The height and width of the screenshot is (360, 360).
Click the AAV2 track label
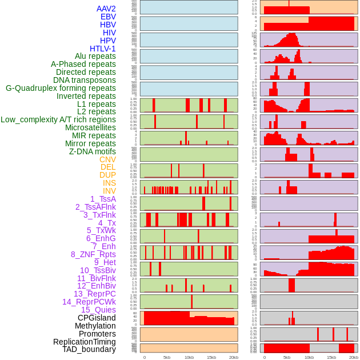[x=106, y=9]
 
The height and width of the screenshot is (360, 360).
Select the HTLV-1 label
[x=102, y=49]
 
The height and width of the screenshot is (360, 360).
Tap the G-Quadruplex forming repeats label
[x=61, y=88]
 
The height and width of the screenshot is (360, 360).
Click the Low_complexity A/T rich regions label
[x=58, y=119]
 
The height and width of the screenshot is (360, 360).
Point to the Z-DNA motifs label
[x=92, y=151]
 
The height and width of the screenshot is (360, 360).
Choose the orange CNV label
[x=107, y=159]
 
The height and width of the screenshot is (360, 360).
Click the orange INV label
[x=109, y=191]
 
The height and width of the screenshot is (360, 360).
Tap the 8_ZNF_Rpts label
[x=93, y=254]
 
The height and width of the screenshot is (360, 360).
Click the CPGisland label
[x=97, y=318]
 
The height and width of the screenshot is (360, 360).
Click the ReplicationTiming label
[x=85, y=342]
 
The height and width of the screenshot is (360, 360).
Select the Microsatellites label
[x=90, y=127]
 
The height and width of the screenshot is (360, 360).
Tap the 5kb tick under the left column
[x=166, y=357]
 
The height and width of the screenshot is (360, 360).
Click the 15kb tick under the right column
[x=331, y=357]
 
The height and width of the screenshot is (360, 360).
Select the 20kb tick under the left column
[x=233, y=357]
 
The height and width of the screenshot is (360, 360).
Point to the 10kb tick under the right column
[x=309, y=357]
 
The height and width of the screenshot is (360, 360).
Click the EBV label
[x=108, y=17]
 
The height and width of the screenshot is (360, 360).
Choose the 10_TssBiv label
[x=98, y=270]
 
